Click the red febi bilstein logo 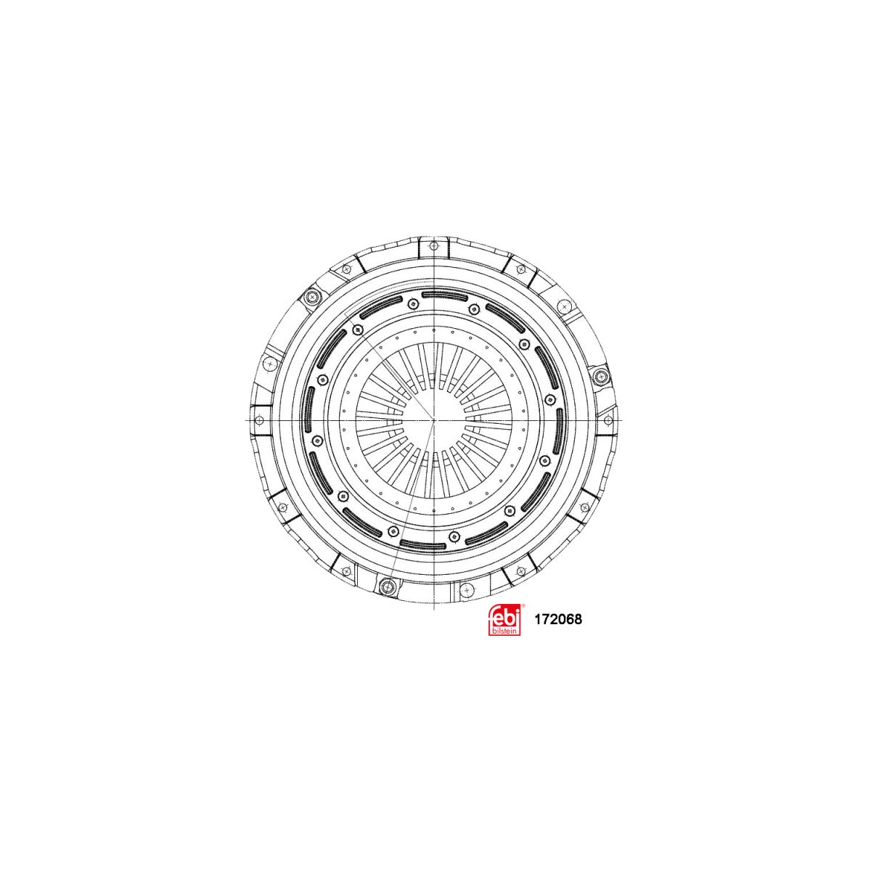[504, 620]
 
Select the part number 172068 [558, 619]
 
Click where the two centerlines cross [433, 420]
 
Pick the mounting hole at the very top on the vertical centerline [434, 246]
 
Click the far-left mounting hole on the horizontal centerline [259, 420]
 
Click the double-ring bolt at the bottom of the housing [385, 586]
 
